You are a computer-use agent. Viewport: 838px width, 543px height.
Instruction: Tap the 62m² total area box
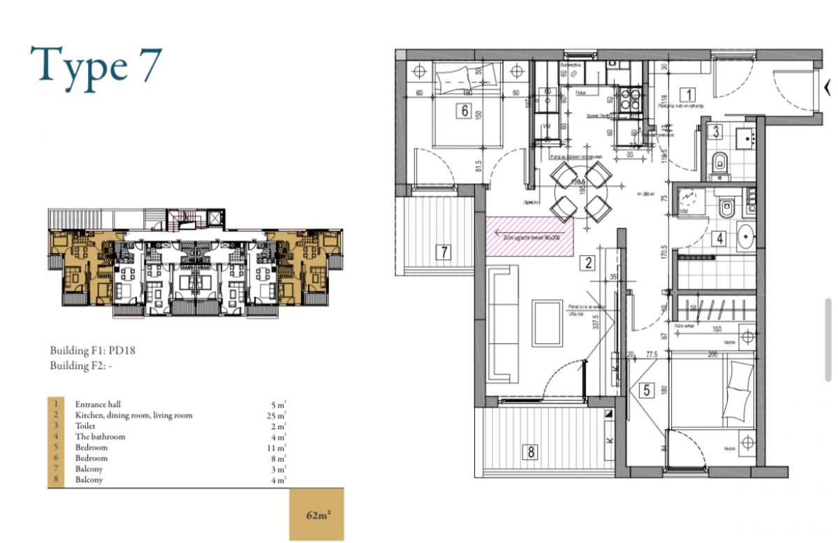point(317,516)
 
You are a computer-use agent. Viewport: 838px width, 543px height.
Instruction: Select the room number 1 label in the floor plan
point(688,94)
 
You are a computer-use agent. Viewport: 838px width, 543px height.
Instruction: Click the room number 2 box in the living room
point(588,263)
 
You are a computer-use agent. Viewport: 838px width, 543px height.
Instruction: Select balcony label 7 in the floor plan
point(443,252)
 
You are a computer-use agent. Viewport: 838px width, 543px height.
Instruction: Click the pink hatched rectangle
point(529,236)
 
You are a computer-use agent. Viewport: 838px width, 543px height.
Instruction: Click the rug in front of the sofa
point(547,322)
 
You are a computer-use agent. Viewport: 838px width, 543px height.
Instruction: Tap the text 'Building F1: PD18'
point(91,351)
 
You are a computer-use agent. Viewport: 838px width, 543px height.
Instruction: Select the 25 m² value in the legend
point(278,415)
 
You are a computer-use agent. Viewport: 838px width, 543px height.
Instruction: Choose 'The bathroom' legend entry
point(100,437)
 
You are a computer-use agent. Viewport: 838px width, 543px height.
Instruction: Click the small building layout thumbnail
point(195,263)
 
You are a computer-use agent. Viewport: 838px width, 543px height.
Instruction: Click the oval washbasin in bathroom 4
point(745,236)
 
